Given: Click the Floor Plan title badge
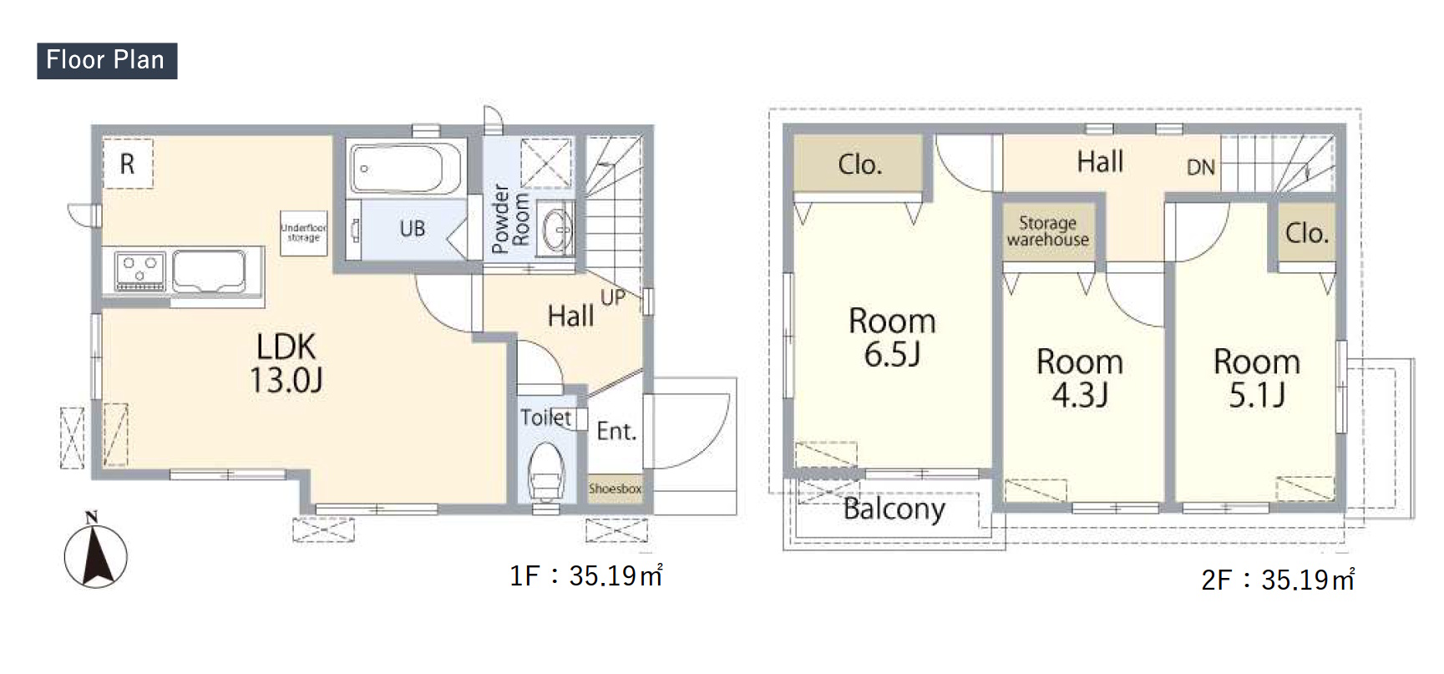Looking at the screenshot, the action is point(107,60).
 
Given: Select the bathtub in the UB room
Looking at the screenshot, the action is point(407,169).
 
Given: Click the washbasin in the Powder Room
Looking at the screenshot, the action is point(555,226).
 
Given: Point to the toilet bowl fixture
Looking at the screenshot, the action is point(545,472).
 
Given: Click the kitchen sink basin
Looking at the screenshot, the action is point(209,271).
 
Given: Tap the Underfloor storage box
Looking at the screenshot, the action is point(304,231).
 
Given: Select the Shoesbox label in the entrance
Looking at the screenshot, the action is point(616,489).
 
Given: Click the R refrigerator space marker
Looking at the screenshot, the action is point(128,164).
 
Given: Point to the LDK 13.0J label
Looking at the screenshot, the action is point(286,362).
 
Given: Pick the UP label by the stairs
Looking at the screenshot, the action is point(612,297).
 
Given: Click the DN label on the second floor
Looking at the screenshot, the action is point(1201,168).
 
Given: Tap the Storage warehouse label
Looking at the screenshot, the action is point(1048,231).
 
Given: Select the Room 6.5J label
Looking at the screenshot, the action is point(892,337).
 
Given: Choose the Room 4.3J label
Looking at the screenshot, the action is point(1080,378).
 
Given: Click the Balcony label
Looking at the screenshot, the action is point(894,509).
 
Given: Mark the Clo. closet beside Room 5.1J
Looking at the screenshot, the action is point(1306,233).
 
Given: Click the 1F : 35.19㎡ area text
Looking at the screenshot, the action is point(586,575).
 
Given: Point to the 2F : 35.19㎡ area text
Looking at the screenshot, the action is point(1278,580).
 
